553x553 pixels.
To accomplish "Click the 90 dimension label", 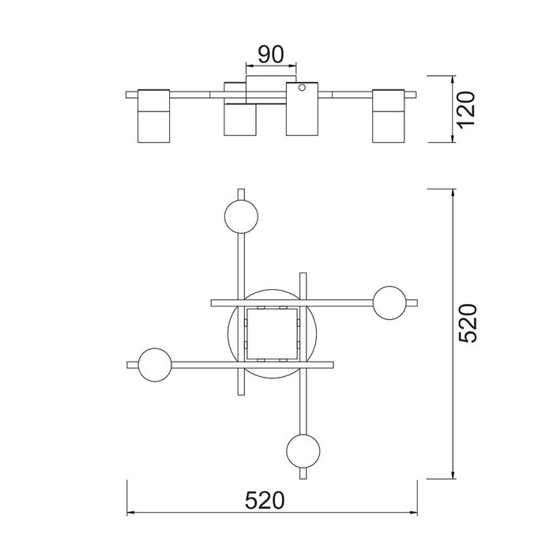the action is pos(270,55).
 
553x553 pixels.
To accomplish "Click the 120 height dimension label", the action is pos(466,109).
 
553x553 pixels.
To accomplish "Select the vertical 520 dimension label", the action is pos(468,323).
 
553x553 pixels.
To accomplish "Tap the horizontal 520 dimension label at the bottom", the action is pos(265,500).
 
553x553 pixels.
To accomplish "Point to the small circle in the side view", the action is pos(302,87).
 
